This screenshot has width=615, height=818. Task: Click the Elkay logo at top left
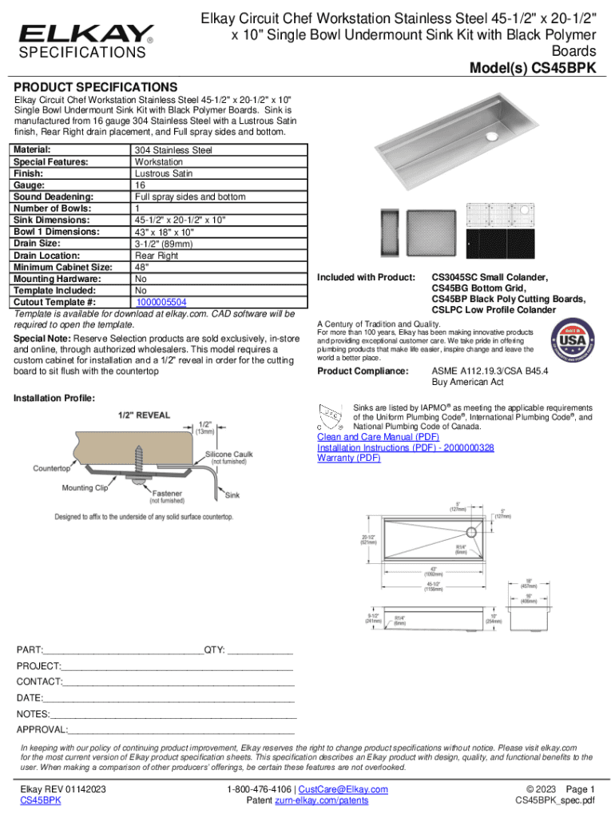[x=86, y=34]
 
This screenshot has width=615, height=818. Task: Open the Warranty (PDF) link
[x=349, y=458]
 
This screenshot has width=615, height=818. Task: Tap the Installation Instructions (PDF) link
[x=405, y=447]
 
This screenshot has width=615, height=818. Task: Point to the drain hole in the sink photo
[x=493, y=137]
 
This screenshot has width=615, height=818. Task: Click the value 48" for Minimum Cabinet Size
[x=141, y=267]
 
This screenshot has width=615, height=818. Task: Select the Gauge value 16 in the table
[x=140, y=185]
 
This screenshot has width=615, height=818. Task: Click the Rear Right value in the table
[x=156, y=256]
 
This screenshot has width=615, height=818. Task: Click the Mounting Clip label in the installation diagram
[x=84, y=487]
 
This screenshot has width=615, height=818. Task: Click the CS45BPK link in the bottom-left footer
[x=41, y=800]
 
